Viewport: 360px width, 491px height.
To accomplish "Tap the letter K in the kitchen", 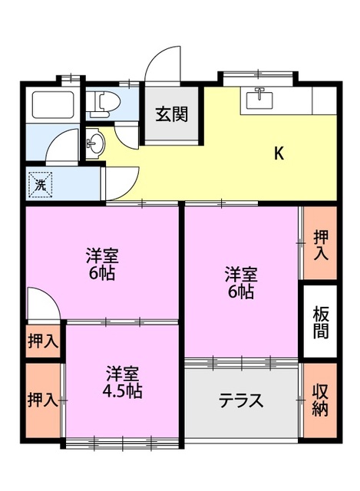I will [x=279, y=153].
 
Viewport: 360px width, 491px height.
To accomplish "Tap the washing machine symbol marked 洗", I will [x=41, y=184].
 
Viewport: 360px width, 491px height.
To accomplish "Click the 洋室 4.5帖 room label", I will [x=123, y=382].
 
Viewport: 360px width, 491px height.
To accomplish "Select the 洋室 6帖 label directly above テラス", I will [x=240, y=282].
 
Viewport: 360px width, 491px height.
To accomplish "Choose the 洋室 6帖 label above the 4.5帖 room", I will [x=101, y=264].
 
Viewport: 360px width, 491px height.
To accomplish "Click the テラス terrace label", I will [x=241, y=400].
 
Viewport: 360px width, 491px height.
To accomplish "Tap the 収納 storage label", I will [x=320, y=400].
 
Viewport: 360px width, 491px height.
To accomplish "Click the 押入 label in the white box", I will [x=43, y=341].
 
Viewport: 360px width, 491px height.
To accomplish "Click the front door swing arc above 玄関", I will [x=163, y=61].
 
